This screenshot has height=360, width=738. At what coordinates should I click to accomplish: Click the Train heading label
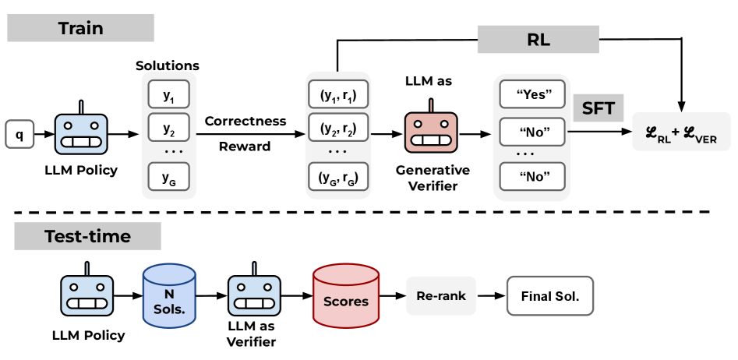pos(81,29)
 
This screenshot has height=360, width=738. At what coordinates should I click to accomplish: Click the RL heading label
pos(538,40)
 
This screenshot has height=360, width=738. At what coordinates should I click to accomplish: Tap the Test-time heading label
pos(87,236)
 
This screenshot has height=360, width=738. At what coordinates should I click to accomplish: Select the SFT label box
pos(599,108)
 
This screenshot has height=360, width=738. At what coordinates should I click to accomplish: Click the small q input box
pos(19,134)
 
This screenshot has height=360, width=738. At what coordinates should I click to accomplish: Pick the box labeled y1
pos(169,95)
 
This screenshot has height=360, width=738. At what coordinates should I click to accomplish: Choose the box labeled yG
pos(169,176)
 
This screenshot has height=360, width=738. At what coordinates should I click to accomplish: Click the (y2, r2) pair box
pos(337,128)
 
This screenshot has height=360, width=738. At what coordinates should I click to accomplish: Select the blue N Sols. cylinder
pos(168,295)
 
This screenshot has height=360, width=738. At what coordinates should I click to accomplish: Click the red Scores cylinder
pos(345,295)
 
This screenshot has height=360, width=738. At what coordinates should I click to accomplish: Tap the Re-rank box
pos(440,296)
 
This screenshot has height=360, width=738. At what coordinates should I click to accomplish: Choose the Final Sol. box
pos(549,296)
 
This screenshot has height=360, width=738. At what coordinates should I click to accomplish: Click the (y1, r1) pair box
pos(337,95)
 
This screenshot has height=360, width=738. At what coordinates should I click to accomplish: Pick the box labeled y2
pos(169,128)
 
